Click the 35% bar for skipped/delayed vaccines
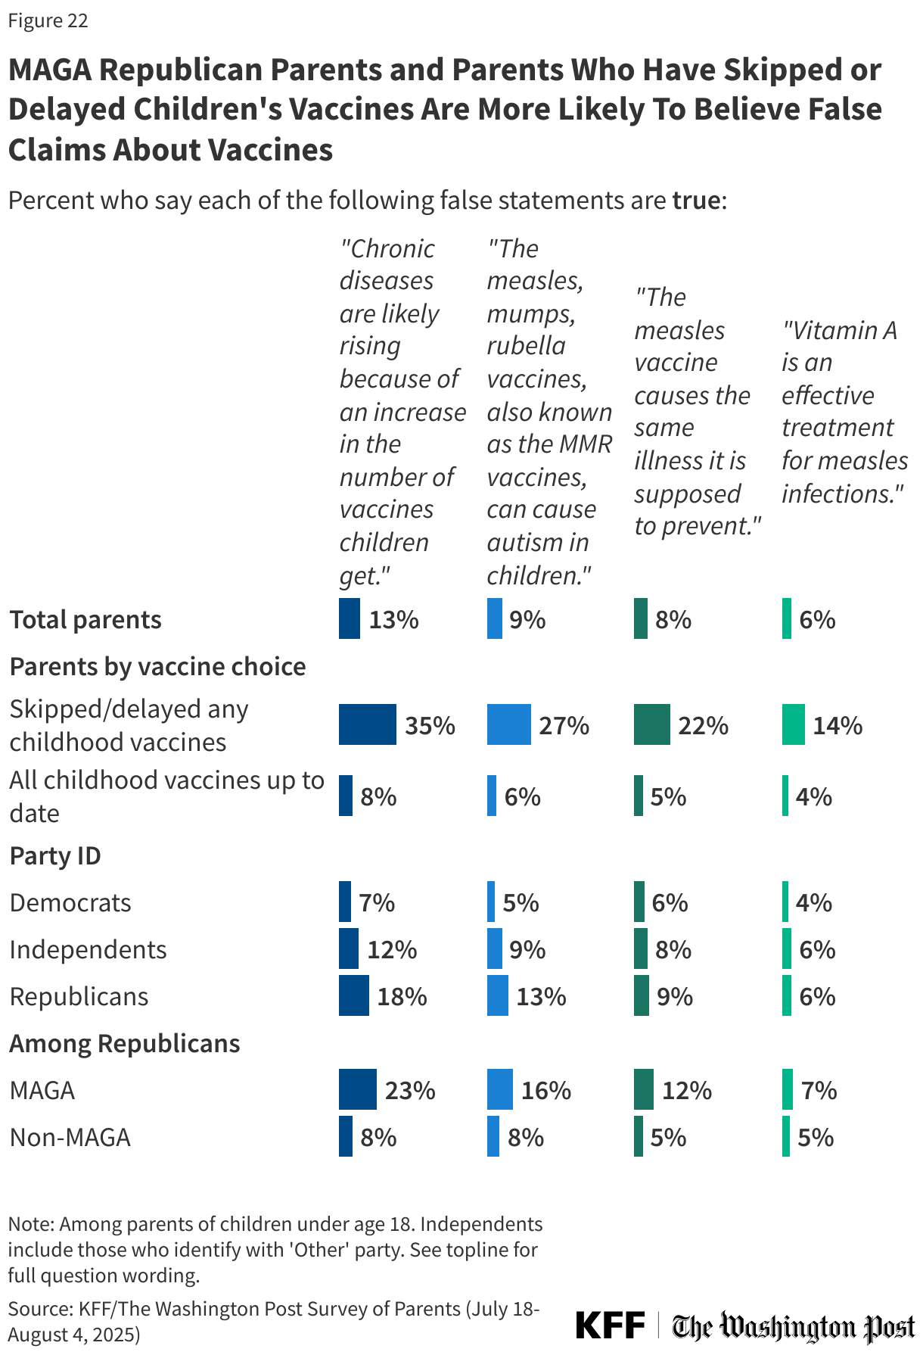click(367, 724)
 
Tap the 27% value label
click(564, 726)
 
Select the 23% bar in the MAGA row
click(357, 1089)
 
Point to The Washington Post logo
click(794, 1326)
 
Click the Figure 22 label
click(48, 21)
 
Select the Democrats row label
click(70, 902)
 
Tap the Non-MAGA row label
click(70, 1137)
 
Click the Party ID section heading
click(55, 855)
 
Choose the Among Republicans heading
click(124, 1043)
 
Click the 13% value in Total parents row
click(393, 620)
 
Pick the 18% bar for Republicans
click(353, 995)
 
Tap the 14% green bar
click(793, 724)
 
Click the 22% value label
click(703, 726)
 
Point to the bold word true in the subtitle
click(696, 201)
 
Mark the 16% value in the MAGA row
click(545, 1090)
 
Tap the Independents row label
click(88, 949)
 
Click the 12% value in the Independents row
click(392, 949)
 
